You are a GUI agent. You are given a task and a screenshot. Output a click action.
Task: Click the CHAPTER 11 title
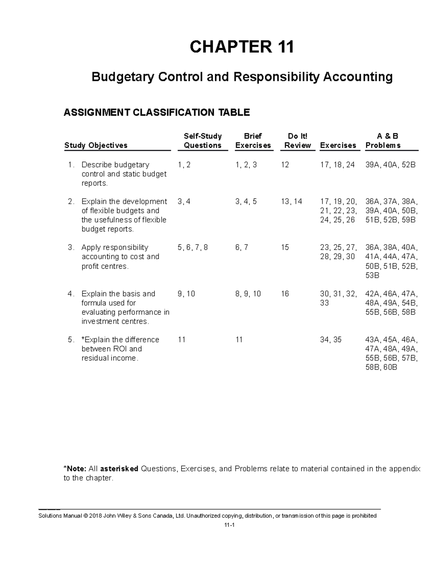pos(242,47)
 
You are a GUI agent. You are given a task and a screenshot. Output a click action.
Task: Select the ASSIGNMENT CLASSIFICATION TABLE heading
pos(157,112)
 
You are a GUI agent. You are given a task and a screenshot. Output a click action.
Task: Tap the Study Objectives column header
pos(96,145)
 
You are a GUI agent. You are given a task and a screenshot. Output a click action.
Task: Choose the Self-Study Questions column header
pos(203,141)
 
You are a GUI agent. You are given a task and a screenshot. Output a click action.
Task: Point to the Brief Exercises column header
pos(253,141)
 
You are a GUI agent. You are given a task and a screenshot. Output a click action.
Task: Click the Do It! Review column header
pos(297,141)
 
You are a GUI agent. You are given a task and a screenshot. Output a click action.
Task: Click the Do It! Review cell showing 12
pos(285,165)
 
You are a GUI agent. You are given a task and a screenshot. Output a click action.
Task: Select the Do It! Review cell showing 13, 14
pos(291,202)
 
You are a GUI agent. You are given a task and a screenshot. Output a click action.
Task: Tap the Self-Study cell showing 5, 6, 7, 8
pos(193,247)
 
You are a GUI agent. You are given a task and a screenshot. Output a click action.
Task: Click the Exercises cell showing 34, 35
pos(331,340)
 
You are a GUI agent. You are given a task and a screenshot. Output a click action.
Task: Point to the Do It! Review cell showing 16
pos(285,294)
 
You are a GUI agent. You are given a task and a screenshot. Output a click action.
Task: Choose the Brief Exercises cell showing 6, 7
pos(242,247)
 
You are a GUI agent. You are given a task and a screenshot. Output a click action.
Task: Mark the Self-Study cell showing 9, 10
pos(186,294)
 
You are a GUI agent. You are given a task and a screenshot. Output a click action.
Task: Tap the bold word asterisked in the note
pos(119,469)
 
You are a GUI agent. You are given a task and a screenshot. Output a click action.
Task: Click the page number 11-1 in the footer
pos(229,526)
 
